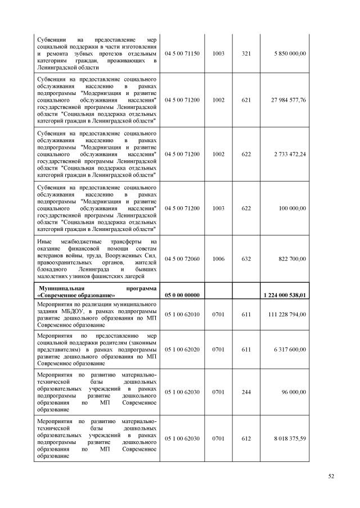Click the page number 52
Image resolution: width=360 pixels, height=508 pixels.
point(331,477)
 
